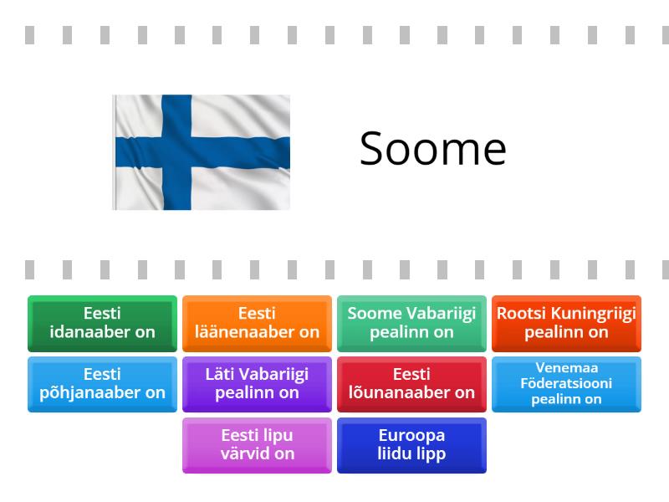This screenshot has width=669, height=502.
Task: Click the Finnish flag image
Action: (x=202, y=151)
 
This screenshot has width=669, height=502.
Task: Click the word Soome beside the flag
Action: (x=432, y=149)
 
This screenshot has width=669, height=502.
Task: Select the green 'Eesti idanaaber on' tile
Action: (x=102, y=323)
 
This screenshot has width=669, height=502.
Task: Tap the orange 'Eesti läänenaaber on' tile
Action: (x=257, y=323)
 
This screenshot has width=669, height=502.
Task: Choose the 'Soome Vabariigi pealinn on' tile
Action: (x=411, y=323)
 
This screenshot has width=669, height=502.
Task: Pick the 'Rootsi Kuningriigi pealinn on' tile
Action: (x=566, y=323)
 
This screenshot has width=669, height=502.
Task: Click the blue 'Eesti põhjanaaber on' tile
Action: (x=102, y=384)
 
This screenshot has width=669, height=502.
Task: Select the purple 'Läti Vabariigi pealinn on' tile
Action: (x=257, y=384)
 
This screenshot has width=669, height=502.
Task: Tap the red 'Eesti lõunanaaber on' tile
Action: (x=411, y=384)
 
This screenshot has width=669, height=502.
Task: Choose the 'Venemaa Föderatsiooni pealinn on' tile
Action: (x=566, y=384)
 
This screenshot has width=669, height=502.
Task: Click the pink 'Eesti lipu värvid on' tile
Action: (x=257, y=445)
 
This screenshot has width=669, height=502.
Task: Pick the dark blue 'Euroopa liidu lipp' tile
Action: (x=411, y=445)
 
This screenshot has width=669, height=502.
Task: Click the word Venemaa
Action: (x=566, y=368)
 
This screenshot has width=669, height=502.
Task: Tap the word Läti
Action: (x=220, y=375)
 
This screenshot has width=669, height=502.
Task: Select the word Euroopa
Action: (x=411, y=436)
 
